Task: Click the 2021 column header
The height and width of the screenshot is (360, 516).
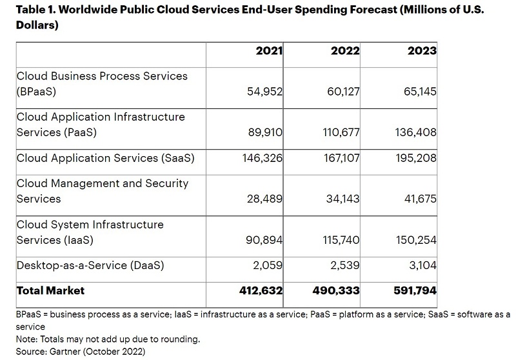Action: point(270,51)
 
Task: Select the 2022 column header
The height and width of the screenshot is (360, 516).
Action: point(345,51)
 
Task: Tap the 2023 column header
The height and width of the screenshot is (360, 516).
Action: point(422,51)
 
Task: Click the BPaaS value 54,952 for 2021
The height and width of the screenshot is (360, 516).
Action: point(264,92)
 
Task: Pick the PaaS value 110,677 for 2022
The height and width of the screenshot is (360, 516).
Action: point(341,132)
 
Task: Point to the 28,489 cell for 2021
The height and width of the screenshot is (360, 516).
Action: point(264,199)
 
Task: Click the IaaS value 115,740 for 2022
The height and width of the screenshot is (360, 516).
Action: point(341,240)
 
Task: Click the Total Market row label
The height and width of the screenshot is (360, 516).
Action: point(50,291)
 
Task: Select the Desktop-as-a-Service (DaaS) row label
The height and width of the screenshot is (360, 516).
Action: point(90,265)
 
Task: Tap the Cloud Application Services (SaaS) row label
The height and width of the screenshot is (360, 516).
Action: point(105,158)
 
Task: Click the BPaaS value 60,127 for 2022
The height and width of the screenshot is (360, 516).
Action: point(343,92)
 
